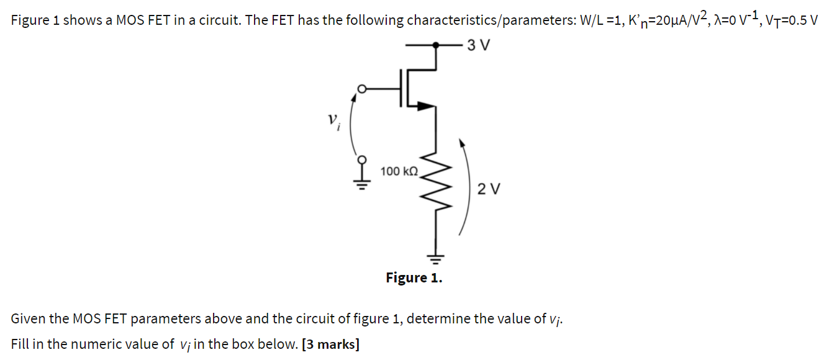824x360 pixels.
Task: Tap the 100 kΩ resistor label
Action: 399,171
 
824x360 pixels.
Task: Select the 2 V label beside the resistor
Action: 488,189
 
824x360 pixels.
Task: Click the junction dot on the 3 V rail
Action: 437,45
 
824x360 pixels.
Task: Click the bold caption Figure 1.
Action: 414,277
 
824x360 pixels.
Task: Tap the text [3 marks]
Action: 330,344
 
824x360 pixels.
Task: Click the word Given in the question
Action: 28,319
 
